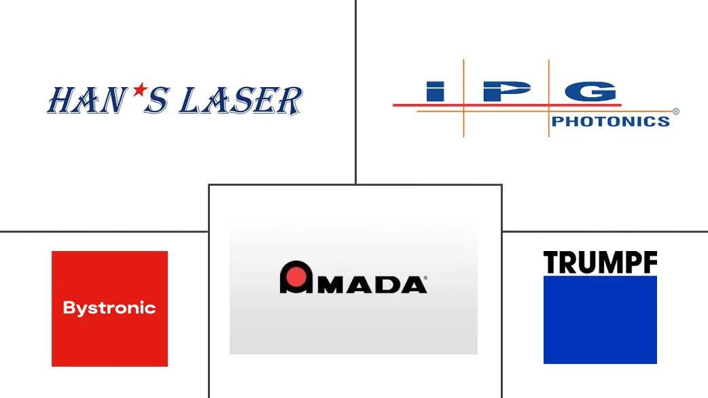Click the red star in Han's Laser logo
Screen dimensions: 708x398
tap(141, 90)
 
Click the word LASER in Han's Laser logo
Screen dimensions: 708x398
tap(241, 101)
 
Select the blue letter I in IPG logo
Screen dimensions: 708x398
tap(436, 91)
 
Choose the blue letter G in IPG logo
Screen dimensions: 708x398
tap(591, 91)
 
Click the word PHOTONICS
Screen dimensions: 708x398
tap(610, 121)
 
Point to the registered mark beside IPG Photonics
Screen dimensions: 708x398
tap(676, 112)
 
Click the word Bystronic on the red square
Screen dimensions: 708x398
tap(109, 308)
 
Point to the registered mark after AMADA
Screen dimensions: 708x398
tap(425, 278)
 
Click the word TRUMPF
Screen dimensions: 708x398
tap(600, 263)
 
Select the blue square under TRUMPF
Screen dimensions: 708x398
tap(600, 320)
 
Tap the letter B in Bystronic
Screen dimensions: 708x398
tap(69, 308)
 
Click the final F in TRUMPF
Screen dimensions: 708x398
tap(650, 263)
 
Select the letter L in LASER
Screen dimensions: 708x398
tap(190, 100)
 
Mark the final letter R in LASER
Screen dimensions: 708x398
tap(289, 101)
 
